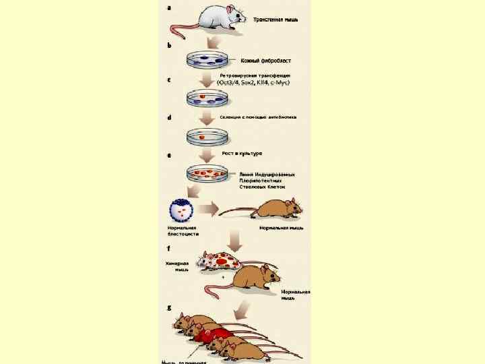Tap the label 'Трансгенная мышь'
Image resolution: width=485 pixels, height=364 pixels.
276,20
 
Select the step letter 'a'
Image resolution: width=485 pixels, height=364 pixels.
168,7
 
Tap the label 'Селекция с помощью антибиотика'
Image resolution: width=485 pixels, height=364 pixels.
258,117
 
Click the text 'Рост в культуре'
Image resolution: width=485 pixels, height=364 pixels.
242,154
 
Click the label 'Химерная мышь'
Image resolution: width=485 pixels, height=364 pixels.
177,266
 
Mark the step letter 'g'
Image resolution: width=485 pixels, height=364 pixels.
168,307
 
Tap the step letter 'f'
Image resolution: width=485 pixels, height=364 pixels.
168,247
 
